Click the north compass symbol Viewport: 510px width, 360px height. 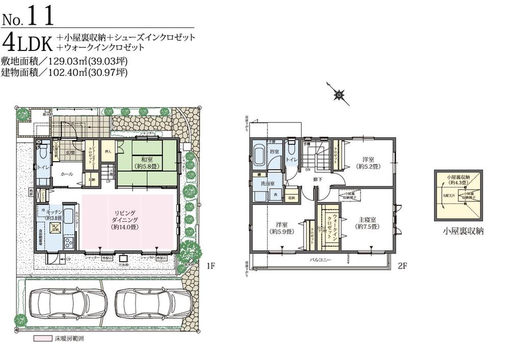click(339, 94)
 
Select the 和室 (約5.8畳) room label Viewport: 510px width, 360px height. click(147, 162)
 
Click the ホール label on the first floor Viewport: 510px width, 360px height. click(66, 174)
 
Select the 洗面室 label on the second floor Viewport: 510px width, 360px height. click(268, 183)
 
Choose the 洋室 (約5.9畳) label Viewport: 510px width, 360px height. click(282, 227)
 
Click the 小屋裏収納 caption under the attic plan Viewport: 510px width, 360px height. click(463, 231)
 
